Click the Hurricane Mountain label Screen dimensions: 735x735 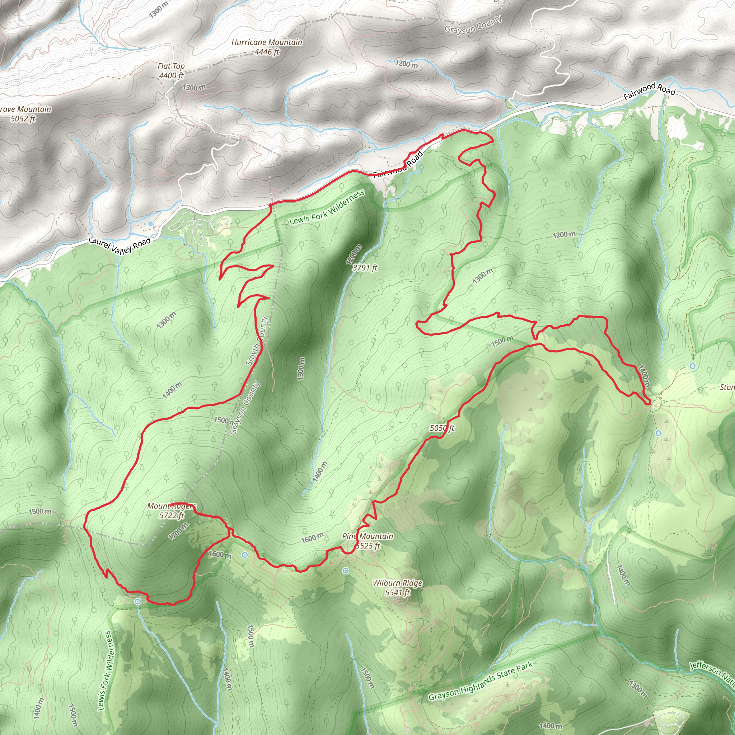coord(267,47)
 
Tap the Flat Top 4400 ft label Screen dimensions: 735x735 coord(171,71)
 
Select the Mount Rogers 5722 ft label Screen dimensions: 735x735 coord(172,511)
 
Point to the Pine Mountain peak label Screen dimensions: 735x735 coord(367,541)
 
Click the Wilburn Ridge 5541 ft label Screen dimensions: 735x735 coord(398,587)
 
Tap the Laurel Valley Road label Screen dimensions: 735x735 coord(120,245)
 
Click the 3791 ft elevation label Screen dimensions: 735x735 coord(365,268)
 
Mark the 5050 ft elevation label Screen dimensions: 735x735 coord(442,428)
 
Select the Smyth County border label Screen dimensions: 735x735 coord(257,341)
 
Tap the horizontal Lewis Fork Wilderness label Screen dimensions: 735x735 coord(327,208)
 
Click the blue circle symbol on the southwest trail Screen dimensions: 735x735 coord(138,601)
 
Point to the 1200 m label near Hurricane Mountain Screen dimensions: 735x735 coord(406,64)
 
